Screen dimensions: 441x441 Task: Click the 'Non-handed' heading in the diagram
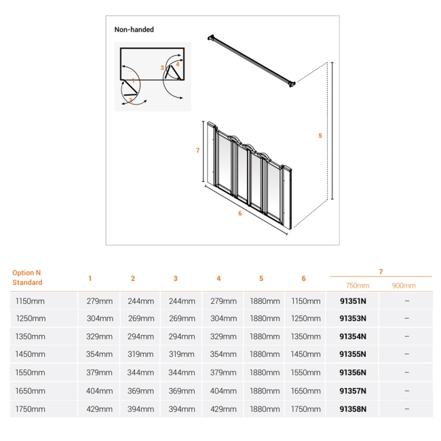click(x=134, y=30)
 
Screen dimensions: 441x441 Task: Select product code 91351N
click(x=352, y=301)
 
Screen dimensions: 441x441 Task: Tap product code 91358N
click(x=352, y=409)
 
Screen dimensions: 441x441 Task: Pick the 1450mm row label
click(x=29, y=354)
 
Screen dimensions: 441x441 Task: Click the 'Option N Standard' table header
click(x=27, y=277)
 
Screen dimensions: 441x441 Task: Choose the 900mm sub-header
click(x=404, y=286)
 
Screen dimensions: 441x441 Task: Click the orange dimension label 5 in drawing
click(x=320, y=136)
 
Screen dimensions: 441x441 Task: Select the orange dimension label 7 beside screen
click(x=197, y=151)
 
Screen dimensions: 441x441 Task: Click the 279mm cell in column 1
click(x=100, y=301)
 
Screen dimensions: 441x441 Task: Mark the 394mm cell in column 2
click(x=142, y=409)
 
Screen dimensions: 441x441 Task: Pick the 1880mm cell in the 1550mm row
click(x=264, y=372)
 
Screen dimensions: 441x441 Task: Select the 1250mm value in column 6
click(x=306, y=318)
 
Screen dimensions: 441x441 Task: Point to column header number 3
click(x=175, y=278)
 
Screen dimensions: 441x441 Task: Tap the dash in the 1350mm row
click(x=406, y=337)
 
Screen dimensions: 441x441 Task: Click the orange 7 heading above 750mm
click(x=380, y=271)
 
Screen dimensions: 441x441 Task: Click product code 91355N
click(x=352, y=354)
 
